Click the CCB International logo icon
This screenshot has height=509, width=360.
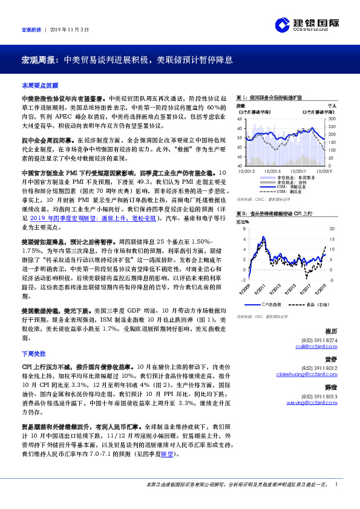pos(283,24)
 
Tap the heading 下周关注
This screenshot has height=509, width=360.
pos(34,352)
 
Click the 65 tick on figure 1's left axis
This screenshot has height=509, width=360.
pos(240,120)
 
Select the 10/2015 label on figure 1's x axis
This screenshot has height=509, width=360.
pos(272,170)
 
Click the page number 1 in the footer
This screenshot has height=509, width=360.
pos(336,484)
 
